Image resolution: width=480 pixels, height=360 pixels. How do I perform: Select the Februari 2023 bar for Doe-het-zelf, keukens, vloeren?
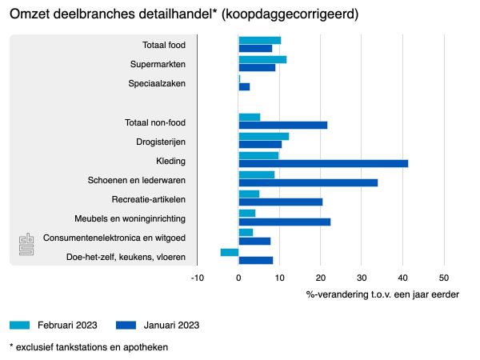point(230,252)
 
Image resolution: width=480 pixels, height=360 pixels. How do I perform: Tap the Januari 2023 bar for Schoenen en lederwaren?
point(308,182)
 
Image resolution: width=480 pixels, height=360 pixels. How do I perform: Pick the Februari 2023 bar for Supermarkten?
point(262,59)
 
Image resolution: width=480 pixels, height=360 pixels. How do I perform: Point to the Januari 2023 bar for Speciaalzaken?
point(244,86)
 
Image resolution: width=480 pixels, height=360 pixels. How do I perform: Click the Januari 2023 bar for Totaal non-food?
point(283,125)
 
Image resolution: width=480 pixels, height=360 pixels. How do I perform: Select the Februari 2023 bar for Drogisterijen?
point(263,136)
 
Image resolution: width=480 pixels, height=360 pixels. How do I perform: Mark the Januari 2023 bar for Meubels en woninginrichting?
point(284,222)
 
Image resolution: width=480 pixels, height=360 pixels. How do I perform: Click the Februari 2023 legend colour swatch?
point(20,325)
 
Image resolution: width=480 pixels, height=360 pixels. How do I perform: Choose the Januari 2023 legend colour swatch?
point(126,325)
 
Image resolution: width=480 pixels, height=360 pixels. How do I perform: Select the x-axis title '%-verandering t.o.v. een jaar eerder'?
point(382,294)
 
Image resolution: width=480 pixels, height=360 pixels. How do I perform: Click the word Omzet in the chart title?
point(30,15)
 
